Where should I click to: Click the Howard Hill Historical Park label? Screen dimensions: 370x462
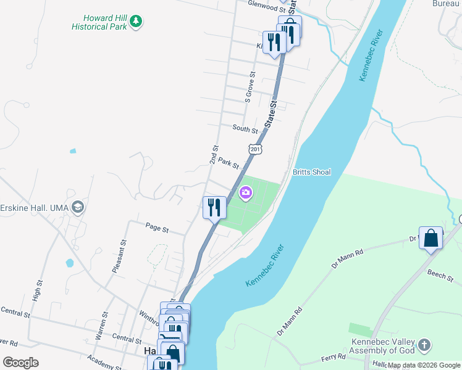click(99, 22)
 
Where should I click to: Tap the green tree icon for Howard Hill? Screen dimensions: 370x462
click(136, 22)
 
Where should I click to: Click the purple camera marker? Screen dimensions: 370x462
click(246, 194)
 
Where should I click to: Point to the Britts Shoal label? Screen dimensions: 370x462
click(312, 172)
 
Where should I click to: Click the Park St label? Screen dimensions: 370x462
click(229, 164)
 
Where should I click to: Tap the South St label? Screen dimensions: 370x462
click(245, 129)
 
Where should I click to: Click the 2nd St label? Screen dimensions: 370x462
click(214, 154)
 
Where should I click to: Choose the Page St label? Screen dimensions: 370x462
click(157, 228)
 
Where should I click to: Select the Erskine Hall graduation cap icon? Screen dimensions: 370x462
click(77, 207)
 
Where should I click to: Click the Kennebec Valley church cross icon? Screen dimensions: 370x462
click(424, 345)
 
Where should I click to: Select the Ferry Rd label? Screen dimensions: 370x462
click(333, 356)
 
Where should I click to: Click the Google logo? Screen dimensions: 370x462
click(20, 362)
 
